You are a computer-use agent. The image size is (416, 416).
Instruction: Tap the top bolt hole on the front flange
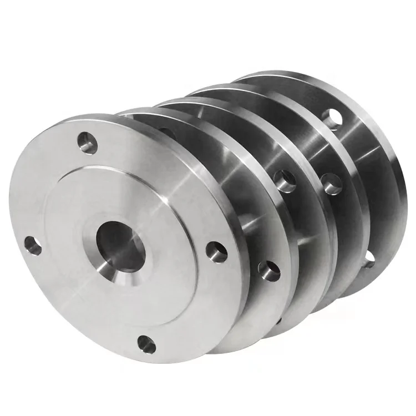click(x=88, y=143)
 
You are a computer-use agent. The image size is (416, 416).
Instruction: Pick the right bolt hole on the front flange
click(x=216, y=251)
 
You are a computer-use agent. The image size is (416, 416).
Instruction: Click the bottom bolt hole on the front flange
click(x=146, y=344)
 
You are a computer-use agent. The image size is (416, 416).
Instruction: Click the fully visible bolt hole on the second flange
click(x=269, y=270)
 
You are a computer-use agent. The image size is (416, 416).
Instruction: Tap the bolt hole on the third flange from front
click(x=286, y=181)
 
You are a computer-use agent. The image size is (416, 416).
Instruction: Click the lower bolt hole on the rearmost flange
click(x=368, y=257)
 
